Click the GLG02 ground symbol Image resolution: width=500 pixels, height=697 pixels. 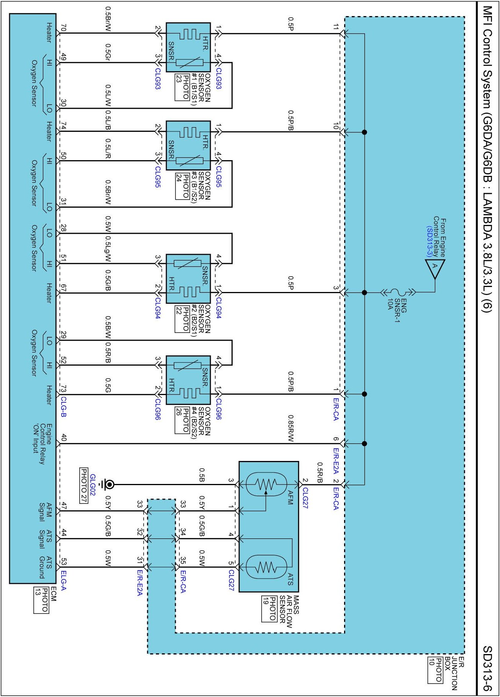click(x=109, y=485)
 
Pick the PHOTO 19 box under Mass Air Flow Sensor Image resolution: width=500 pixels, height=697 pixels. click(x=269, y=609)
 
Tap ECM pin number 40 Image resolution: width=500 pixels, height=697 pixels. click(x=64, y=437)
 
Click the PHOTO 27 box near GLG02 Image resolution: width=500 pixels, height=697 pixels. click(x=84, y=485)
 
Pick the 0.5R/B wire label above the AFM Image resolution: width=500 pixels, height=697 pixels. click(x=320, y=472)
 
